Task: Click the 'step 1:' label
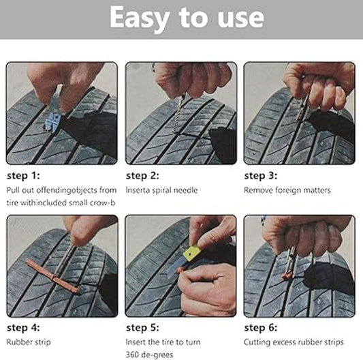24,175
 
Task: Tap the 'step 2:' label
143,175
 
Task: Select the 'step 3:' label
262,175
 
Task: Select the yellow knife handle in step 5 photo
192,254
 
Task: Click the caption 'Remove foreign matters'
287,190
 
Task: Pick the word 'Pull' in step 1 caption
14,190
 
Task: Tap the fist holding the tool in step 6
303,235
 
